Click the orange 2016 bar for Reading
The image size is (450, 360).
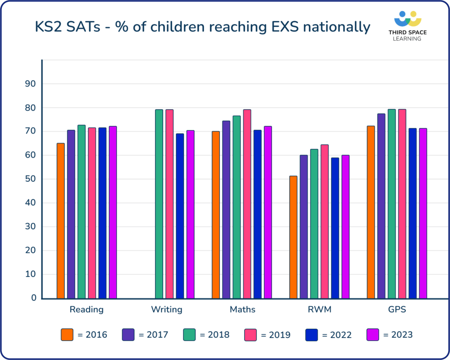tap(61, 221)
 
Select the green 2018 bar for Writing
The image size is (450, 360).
tap(159, 204)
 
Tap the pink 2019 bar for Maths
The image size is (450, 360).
tap(247, 204)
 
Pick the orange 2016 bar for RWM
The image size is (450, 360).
tap(293, 237)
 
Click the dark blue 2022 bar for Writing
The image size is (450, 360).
tap(180, 216)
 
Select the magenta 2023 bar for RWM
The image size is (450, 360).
tap(345, 227)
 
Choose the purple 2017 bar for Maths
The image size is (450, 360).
tap(226, 209)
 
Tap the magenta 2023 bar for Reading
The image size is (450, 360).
tap(113, 212)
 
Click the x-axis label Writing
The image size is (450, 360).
tap(167, 310)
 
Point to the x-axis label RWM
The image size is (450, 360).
tap(319, 310)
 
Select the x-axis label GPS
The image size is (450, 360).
tap(397, 310)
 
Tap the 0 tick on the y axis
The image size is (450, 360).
tap(33, 298)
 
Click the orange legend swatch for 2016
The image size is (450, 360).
tap(67, 335)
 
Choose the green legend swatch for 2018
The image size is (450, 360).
tap(189, 335)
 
